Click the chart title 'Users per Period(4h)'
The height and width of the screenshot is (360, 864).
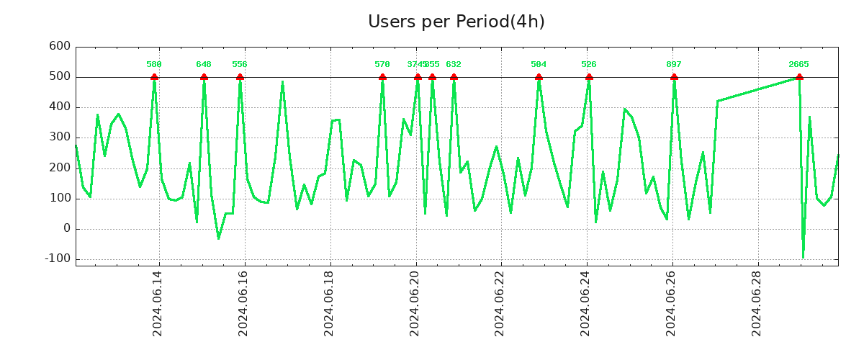pos(456,22)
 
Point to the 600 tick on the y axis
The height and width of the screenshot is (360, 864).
pos(60,47)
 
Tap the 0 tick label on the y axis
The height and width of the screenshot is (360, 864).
pos(66,228)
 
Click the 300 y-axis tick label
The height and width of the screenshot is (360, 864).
pos(60,138)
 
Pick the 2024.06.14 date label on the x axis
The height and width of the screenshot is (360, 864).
pos(158,305)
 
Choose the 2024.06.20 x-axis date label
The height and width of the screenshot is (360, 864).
pos(415,305)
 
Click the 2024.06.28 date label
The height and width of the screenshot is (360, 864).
pos(757,305)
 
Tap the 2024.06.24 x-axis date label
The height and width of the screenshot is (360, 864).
pos(586,305)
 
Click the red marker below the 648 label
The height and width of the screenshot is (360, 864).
pos(204,76)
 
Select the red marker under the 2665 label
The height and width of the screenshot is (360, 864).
pos(799,76)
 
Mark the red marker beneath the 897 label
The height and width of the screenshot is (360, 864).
pos(674,76)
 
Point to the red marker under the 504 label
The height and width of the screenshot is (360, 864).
pos(539,76)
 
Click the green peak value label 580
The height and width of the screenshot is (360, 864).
pos(154,65)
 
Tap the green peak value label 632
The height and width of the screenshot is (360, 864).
pos(454,65)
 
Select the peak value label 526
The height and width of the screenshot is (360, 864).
pos(589,65)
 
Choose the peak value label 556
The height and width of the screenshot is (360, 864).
pos(240,65)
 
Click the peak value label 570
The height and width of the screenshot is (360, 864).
pos(382,65)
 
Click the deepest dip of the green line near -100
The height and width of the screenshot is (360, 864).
pos(803,256)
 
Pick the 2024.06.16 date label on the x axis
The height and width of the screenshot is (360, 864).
pos(243,305)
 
